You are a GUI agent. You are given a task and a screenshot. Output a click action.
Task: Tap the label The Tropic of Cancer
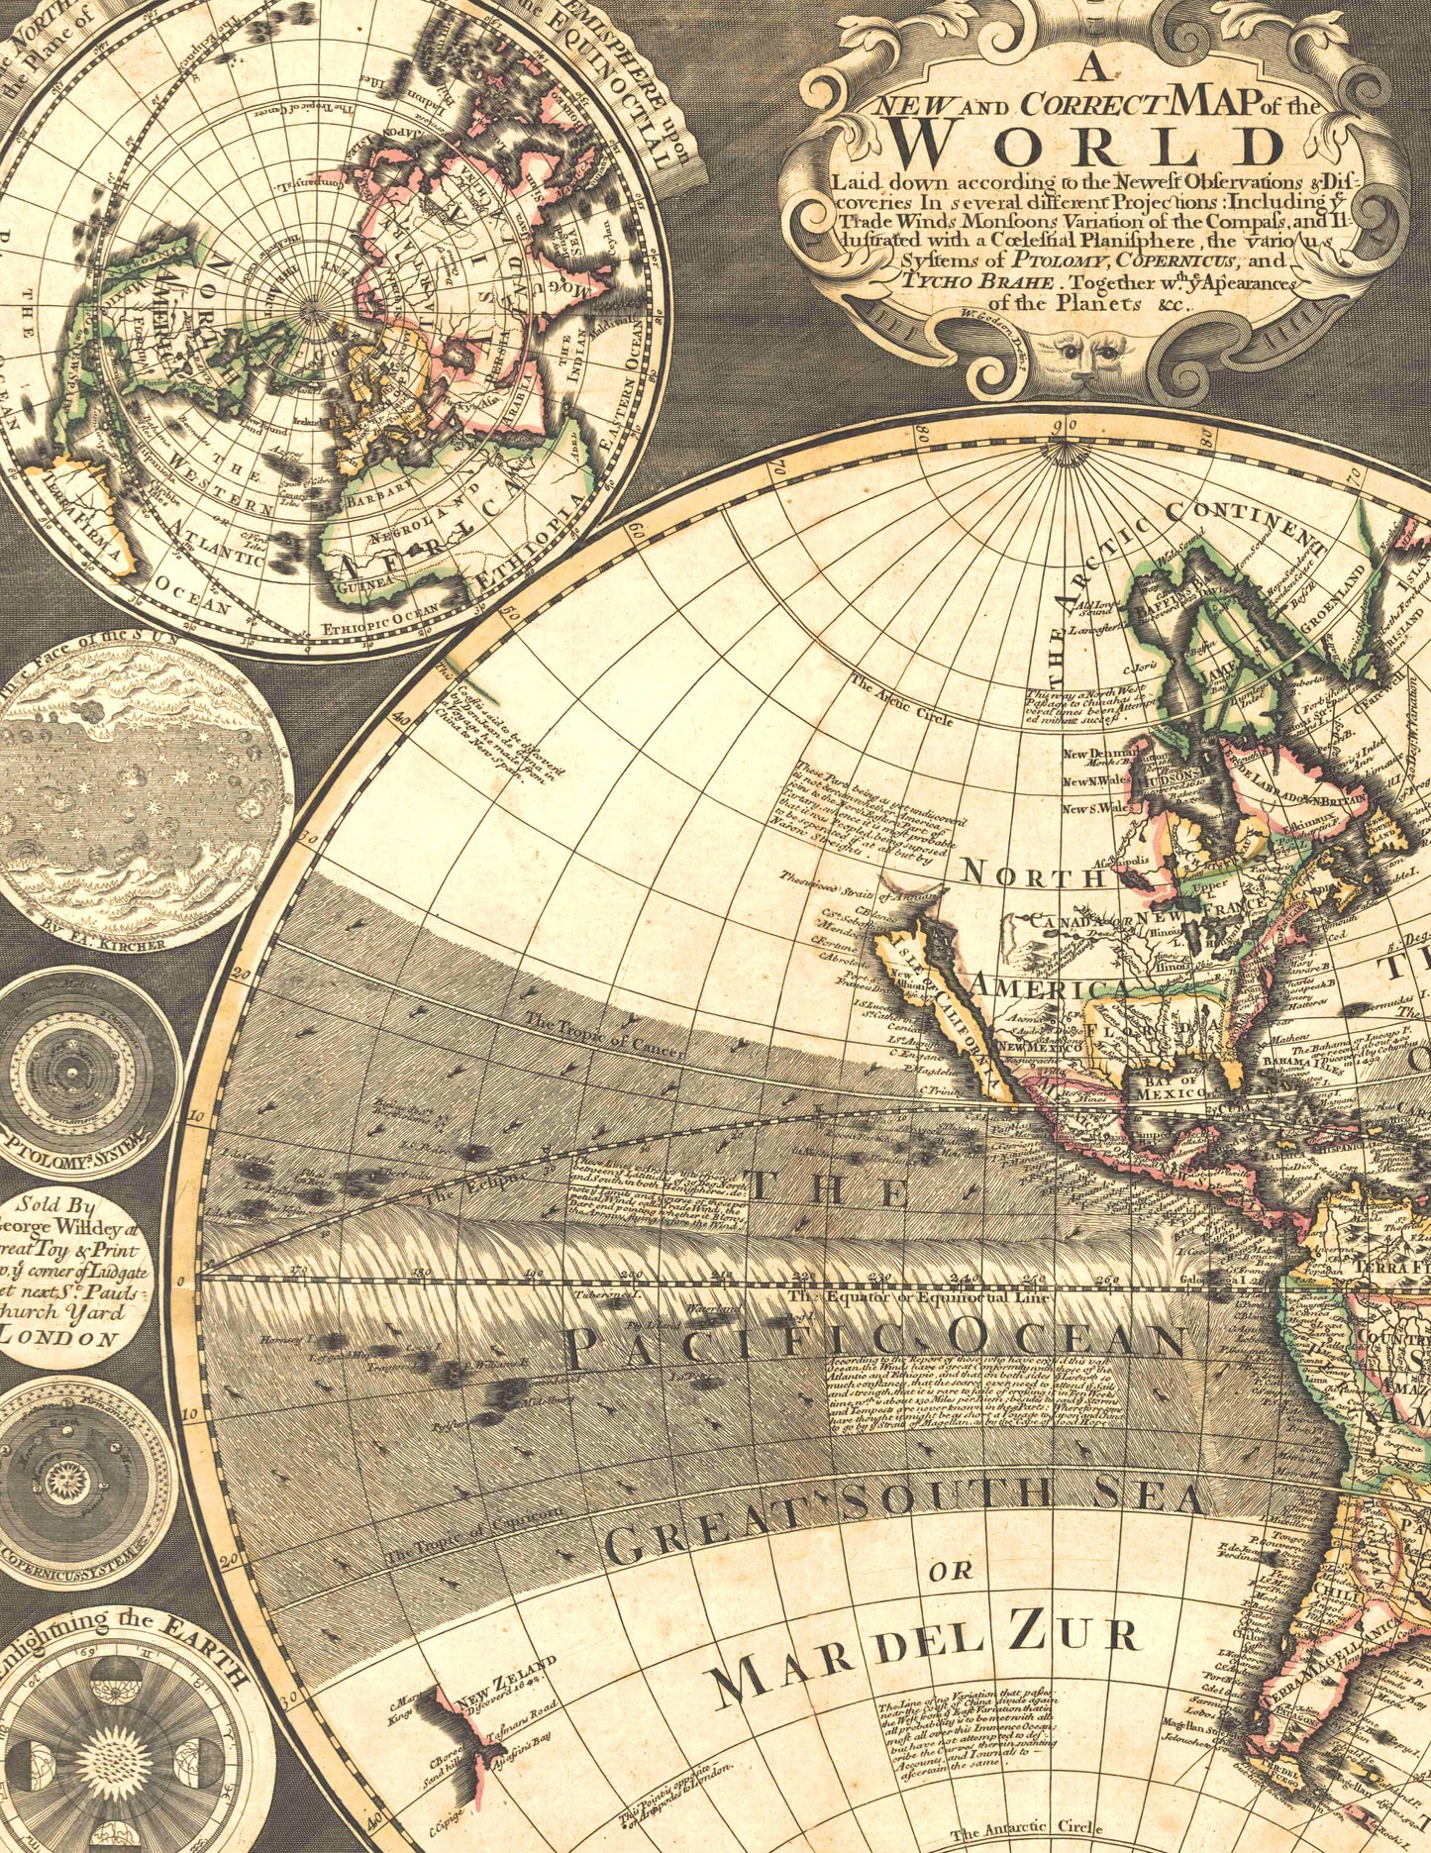coord(604,1036)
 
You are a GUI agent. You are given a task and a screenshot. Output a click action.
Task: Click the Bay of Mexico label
coord(1170,1085)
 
